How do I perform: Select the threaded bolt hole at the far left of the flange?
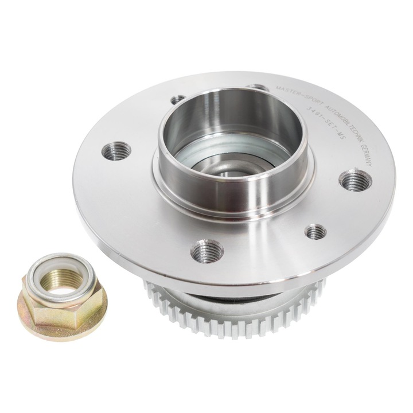tap(116, 151)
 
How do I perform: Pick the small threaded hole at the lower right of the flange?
tap(315, 232)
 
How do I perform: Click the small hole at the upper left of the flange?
tap(178, 100)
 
